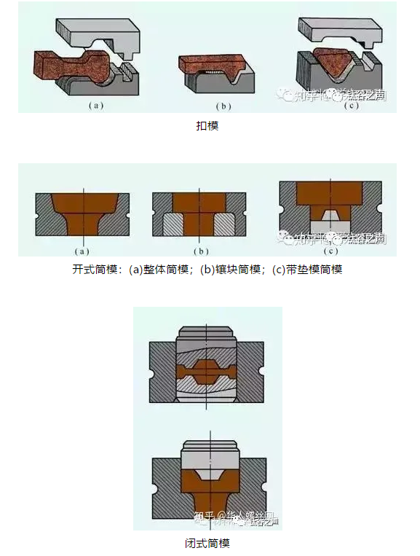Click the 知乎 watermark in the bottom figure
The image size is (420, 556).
[x=205, y=518]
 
